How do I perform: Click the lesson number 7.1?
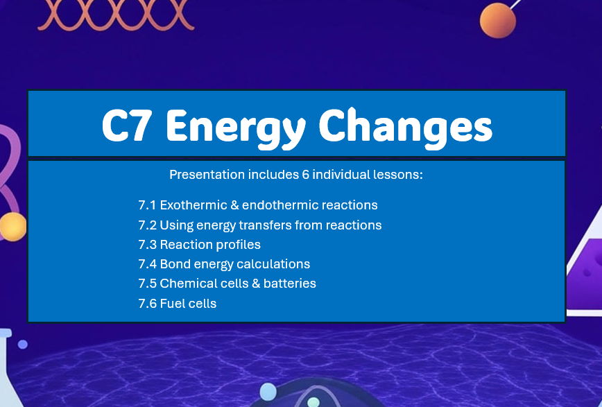pos(147,205)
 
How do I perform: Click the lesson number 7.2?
pos(147,225)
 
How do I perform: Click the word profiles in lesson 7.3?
pos(238,245)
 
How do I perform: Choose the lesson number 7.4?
pos(147,264)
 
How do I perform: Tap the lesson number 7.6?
pos(147,304)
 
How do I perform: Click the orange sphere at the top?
pos(498,20)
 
